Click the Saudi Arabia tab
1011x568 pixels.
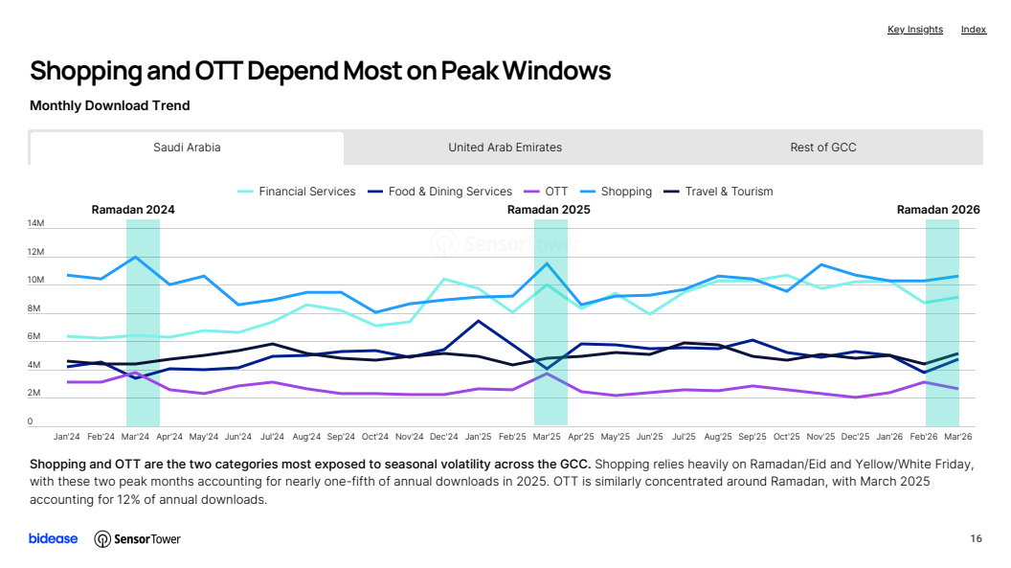187,148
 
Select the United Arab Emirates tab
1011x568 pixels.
505,148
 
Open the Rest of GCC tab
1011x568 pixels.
823,148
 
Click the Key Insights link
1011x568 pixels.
915,30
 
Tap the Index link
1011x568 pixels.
974,30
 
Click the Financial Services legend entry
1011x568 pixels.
297,192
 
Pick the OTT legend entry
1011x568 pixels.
546,192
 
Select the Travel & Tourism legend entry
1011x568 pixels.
718,192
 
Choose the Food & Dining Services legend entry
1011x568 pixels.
439,192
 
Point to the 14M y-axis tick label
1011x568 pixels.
35,224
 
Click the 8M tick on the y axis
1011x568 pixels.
34,308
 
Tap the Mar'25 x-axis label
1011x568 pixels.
547,437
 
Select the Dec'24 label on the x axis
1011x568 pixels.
443,437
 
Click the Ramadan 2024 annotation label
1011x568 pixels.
133,210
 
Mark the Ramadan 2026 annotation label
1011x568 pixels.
938,210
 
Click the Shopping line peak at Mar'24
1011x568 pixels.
135,258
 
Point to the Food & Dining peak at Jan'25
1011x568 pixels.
478,321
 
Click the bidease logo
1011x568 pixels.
53,538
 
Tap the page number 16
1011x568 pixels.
977,538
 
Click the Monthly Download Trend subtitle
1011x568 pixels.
109,105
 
